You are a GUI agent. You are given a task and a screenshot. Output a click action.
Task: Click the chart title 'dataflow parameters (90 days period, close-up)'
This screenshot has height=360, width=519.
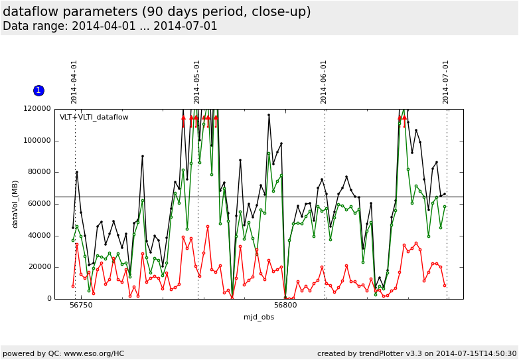(x=157, y=12)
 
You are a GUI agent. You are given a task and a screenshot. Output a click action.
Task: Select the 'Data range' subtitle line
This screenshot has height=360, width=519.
(x=110, y=27)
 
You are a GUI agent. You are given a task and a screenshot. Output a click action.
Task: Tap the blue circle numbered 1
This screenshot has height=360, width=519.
(x=38, y=90)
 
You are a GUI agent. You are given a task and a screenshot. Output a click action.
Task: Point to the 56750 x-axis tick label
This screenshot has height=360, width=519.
(x=82, y=306)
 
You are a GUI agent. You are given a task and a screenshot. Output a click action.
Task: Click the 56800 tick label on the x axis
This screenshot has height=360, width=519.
(x=285, y=306)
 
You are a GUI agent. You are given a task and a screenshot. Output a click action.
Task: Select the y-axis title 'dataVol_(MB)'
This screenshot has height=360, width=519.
(x=15, y=204)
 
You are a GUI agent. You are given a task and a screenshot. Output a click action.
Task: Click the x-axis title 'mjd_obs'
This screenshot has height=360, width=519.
(x=259, y=317)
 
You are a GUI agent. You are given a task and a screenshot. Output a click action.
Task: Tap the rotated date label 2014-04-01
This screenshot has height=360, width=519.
(x=74, y=82)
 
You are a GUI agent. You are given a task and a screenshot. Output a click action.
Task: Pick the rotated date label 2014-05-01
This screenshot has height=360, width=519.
(x=197, y=82)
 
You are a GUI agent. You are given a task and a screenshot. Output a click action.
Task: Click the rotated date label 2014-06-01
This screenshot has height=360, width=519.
(x=324, y=82)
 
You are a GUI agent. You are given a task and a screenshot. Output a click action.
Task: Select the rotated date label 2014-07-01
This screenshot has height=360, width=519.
(x=446, y=82)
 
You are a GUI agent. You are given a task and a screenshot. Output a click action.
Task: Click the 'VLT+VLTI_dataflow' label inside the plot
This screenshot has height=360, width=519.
(x=94, y=118)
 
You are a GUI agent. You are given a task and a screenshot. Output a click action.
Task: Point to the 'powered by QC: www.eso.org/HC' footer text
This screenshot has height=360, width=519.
(x=63, y=353)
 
